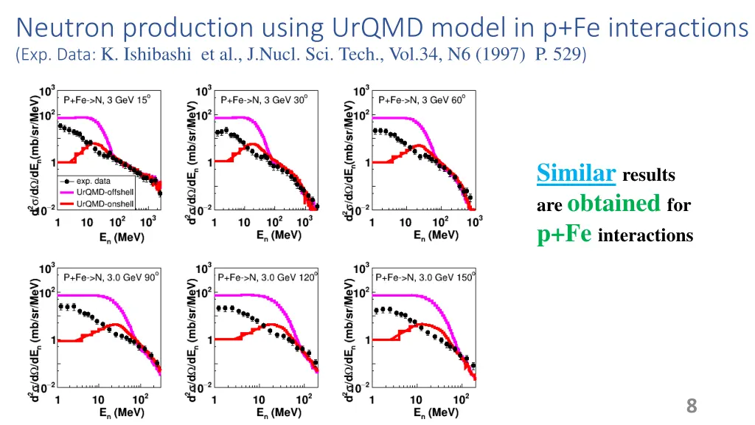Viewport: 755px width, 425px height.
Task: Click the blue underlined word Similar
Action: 577,173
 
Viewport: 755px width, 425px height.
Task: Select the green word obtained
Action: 614,203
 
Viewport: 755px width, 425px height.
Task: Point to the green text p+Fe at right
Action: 565,234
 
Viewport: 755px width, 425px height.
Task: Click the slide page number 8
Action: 691,405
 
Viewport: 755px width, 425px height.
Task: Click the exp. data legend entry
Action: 93,180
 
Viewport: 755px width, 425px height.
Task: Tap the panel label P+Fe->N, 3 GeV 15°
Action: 107,100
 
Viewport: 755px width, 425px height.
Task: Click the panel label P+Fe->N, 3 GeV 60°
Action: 422,100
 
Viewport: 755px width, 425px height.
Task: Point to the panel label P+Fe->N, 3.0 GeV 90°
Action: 111,277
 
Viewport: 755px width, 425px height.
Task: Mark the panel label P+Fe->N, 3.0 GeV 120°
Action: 268,277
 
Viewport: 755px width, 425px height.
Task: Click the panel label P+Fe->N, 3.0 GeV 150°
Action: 425,277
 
